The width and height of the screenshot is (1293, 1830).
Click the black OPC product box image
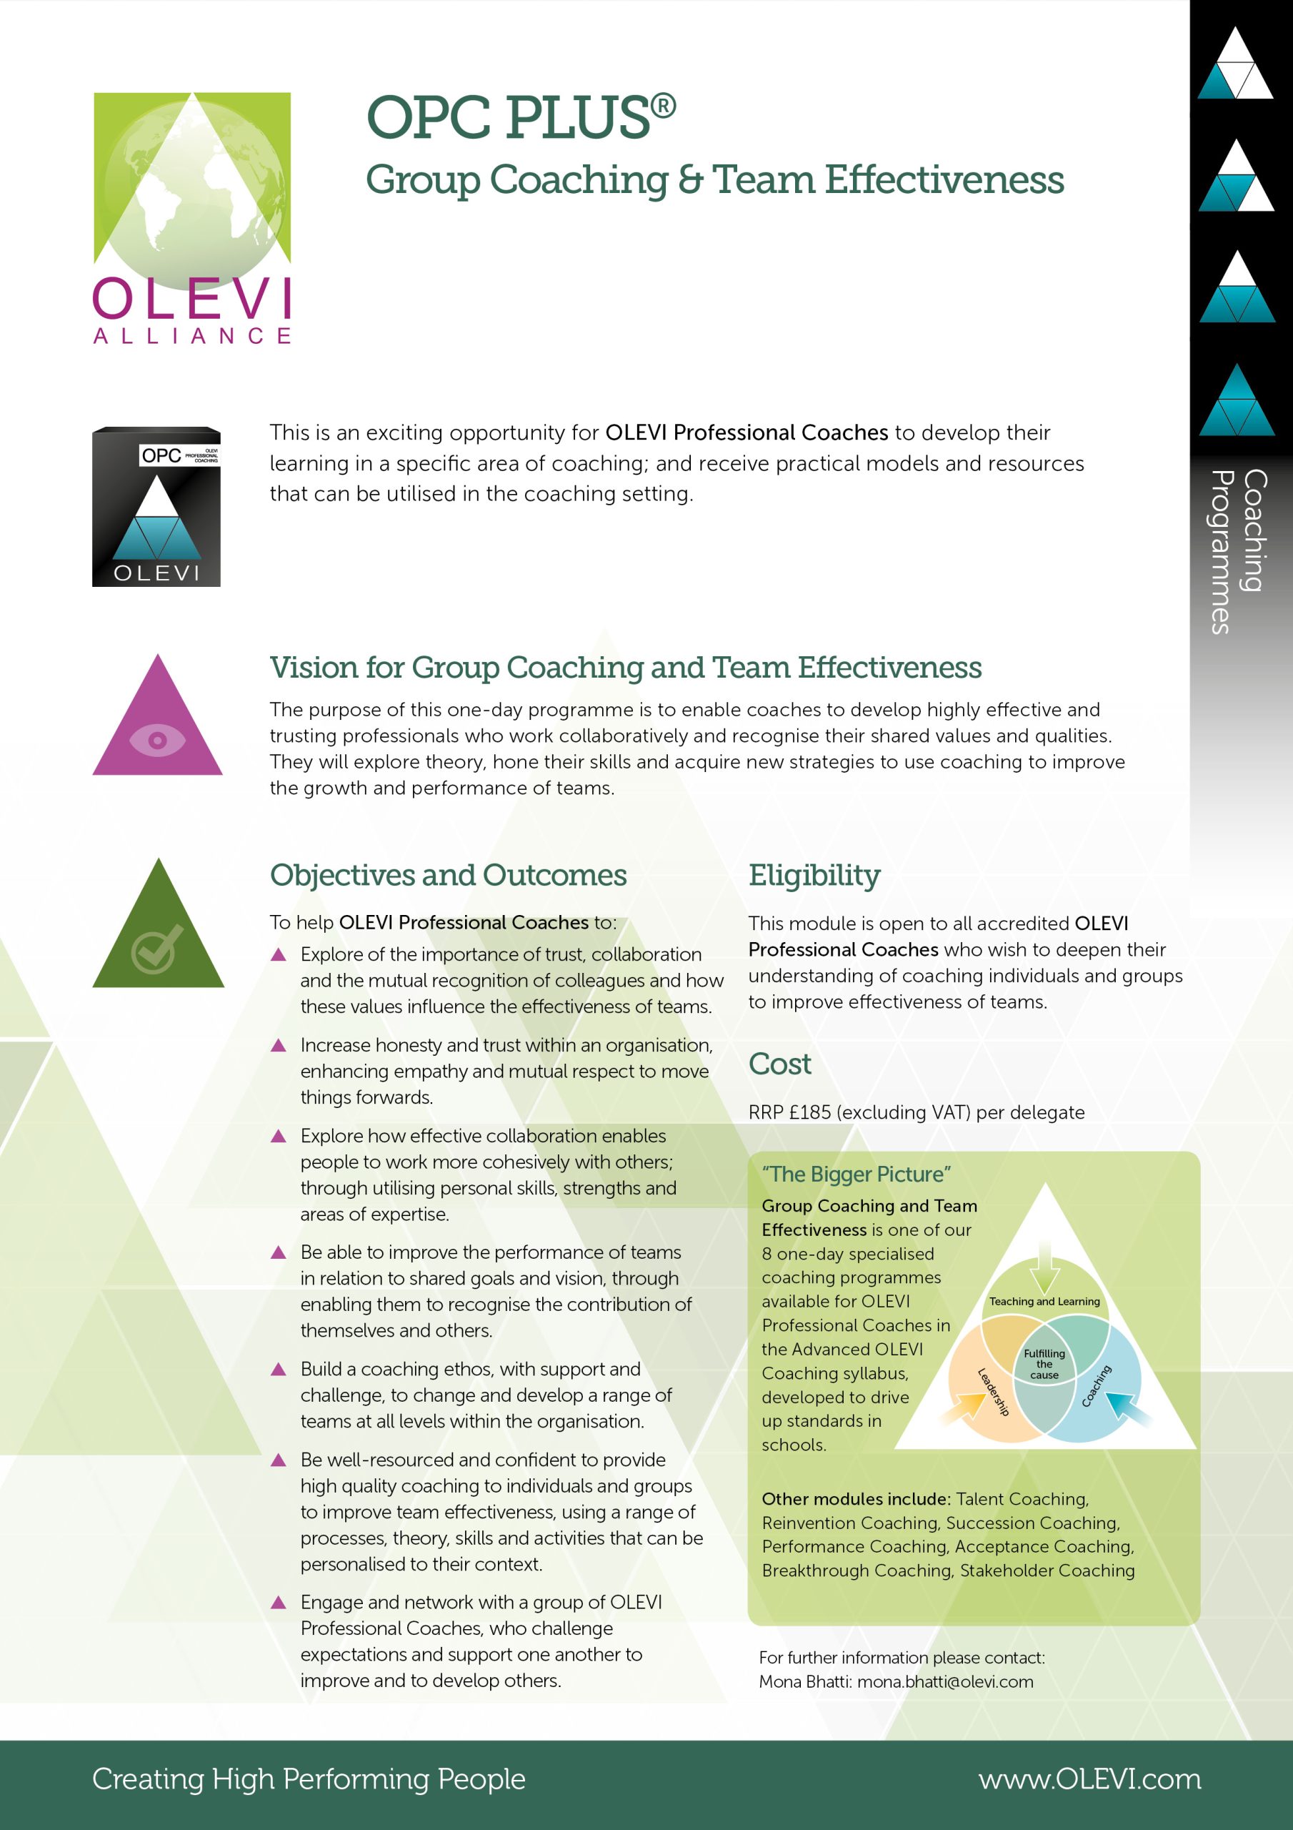[156, 508]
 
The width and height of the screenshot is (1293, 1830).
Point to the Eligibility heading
[814, 875]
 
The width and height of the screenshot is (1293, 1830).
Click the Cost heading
[780, 1064]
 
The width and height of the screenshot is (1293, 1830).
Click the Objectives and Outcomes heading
[449, 875]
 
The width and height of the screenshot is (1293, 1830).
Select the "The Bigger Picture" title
[857, 1174]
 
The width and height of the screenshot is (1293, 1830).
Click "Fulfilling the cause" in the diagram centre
[1044, 1364]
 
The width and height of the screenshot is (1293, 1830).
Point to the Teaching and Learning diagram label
[1044, 1302]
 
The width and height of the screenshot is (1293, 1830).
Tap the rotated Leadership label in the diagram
[994, 1392]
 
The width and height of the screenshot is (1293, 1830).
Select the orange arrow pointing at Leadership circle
[964, 1408]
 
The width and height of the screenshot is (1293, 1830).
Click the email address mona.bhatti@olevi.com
[945, 1682]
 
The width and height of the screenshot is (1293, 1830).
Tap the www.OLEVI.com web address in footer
[1089, 1779]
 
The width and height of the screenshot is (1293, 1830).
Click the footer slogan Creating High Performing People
[309, 1779]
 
